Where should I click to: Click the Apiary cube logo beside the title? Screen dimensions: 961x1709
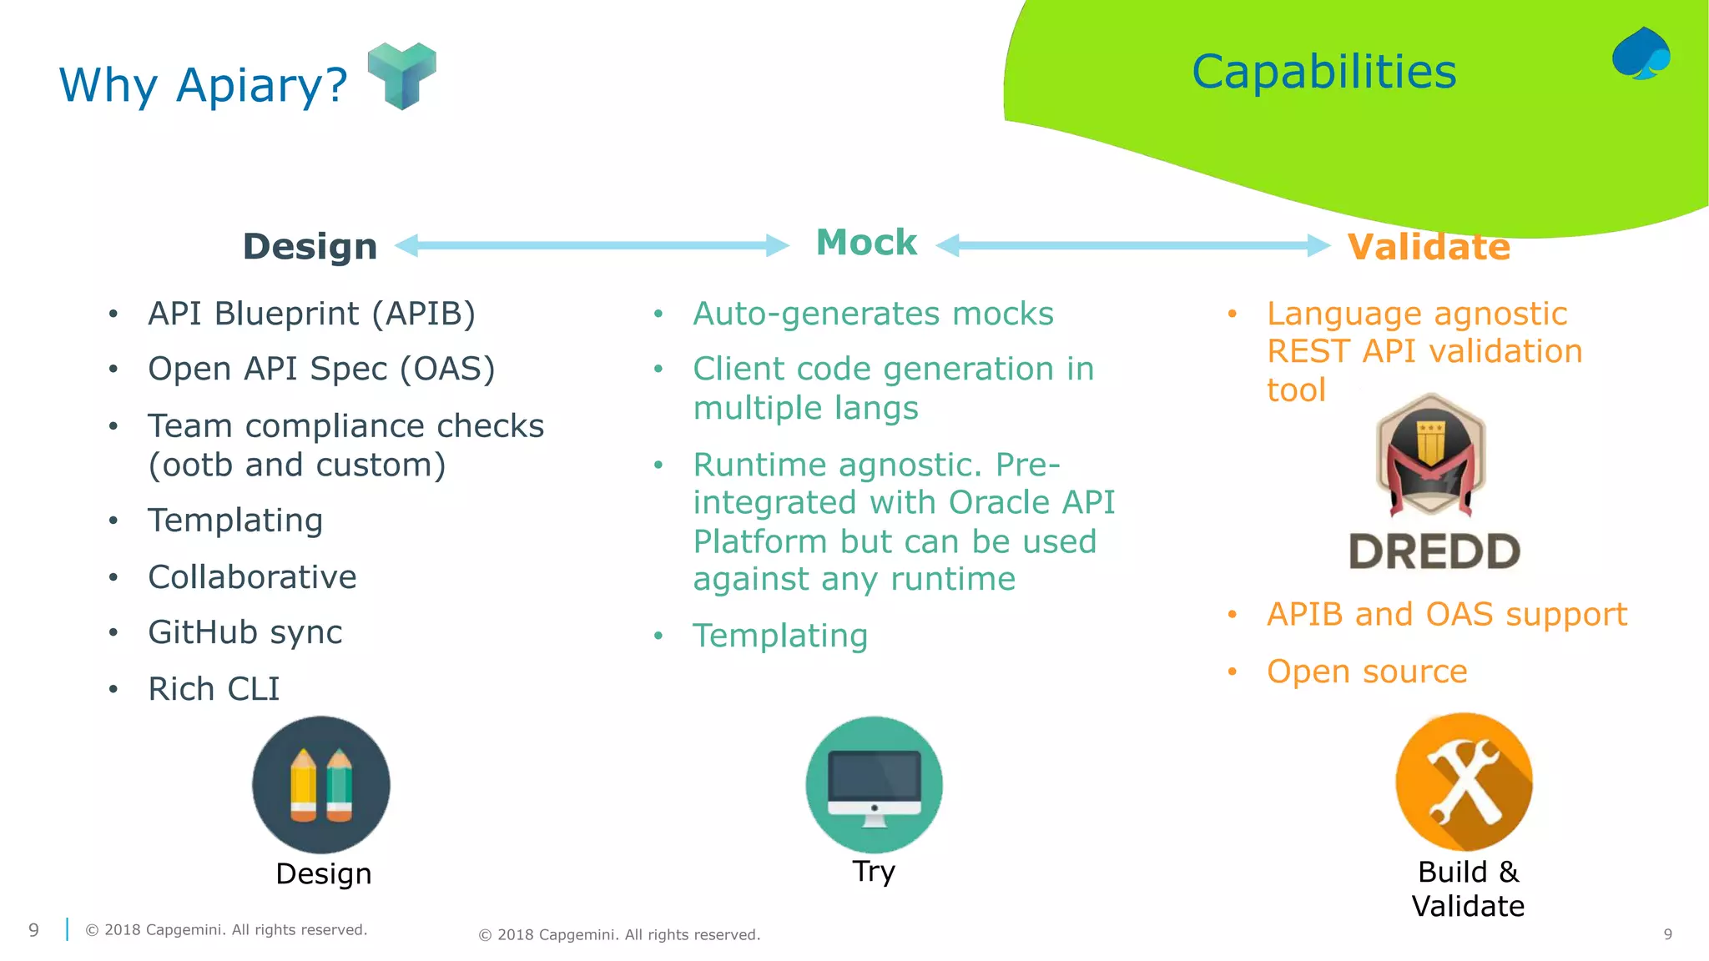point(401,75)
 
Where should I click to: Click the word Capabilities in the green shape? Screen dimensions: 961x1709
point(1323,72)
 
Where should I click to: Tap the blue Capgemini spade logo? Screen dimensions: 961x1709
point(1641,53)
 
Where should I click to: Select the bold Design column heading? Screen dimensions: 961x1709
point(310,247)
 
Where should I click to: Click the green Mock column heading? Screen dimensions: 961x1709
point(866,243)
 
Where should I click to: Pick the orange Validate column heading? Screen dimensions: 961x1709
point(1429,247)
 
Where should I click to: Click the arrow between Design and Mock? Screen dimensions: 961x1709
point(591,245)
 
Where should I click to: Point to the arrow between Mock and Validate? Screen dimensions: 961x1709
point(1132,245)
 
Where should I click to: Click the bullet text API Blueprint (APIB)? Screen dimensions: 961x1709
point(311,314)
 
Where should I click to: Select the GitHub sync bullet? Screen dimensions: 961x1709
point(245,632)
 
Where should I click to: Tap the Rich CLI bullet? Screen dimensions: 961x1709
point(214,689)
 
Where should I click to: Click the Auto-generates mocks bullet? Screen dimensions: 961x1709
point(873,314)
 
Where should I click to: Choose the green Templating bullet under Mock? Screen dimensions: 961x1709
point(780,636)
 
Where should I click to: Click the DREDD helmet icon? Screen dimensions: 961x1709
point(1430,455)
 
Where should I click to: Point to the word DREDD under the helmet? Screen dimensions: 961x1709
point(1434,552)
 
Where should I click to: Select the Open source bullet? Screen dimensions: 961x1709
point(1366,672)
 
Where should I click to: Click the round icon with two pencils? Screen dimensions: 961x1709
point(321,784)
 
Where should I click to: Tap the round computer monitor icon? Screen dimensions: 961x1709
point(874,784)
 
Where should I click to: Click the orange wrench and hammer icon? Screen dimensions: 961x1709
point(1464,782)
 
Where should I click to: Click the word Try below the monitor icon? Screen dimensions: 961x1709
point(874,871)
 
